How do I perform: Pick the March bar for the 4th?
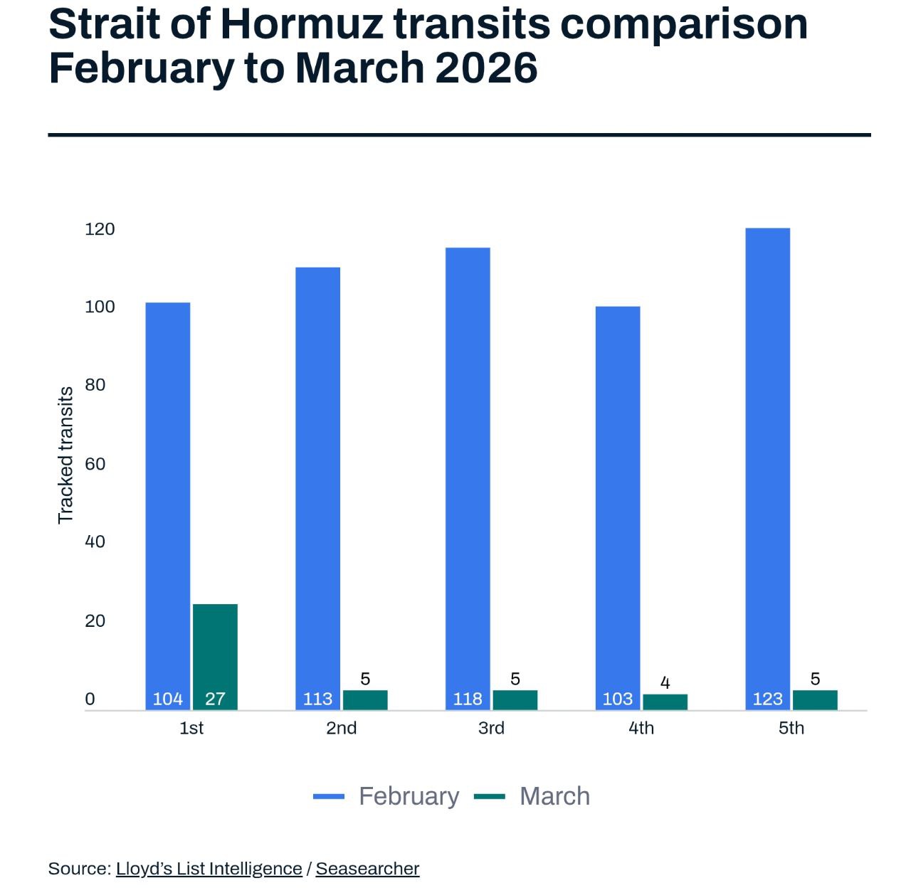tap(665, 702)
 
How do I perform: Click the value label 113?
tap(317, 699)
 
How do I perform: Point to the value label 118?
tap(468, 699)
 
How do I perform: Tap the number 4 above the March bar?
tap(665, 683)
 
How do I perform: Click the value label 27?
tap(215, 699)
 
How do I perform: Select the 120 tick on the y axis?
tap(100, 229)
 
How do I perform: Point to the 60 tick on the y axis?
tap(95, 464)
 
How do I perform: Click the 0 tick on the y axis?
tap(90, 699)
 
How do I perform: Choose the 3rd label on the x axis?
tap(491, 728)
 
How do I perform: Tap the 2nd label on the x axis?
tap(341, 728)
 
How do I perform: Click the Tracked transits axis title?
tap(65, 455)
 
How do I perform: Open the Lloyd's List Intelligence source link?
tap(209, 869)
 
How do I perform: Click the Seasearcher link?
tap(367, 869)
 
